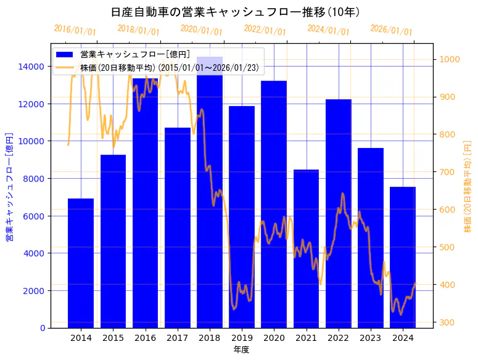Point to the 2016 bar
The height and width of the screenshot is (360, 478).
[145, 203]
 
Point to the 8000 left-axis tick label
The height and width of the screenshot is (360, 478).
[33, 179]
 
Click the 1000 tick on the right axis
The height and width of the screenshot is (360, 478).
[448, 60]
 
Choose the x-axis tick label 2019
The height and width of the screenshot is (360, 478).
[242, 338]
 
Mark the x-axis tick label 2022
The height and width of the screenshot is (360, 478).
[338, 338]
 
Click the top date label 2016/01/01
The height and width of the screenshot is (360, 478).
[75, 30]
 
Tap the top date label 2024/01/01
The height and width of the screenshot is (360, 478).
[328, 30]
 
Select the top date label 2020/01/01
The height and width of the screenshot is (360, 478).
[202, 30]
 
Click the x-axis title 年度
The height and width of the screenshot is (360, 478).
[241, 350]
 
